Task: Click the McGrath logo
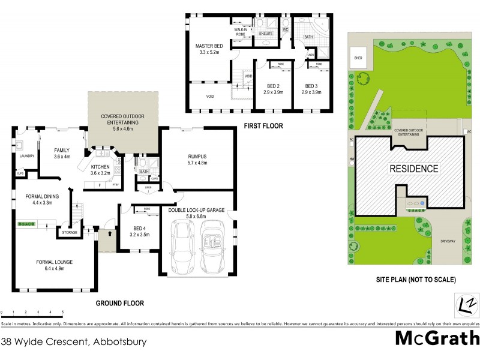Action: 437,338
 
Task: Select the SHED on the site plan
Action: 358,58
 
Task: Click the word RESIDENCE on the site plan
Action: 415,169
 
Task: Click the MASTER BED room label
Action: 208,49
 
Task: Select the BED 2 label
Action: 272,89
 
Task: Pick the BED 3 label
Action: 311,89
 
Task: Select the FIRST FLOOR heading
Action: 263,126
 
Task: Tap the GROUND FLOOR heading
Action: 120,303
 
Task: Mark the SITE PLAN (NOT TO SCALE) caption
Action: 415,280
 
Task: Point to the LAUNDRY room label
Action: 26,157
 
